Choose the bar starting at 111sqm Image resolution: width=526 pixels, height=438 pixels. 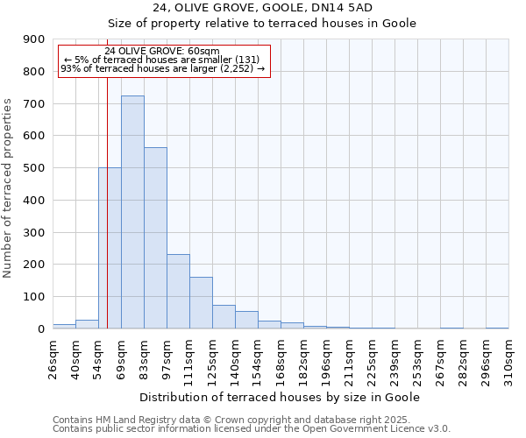pos(201,303)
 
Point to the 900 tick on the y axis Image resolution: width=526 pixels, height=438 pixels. pos(33,39)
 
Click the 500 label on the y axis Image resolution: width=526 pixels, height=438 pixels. pos(33,168)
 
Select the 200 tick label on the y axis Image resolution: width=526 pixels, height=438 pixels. pos(33,265)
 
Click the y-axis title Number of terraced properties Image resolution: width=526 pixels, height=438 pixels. pos(8,188)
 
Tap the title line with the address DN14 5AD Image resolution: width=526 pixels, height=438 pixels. pos(263,7)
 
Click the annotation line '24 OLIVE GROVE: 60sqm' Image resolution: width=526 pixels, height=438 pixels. pos(162,52)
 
